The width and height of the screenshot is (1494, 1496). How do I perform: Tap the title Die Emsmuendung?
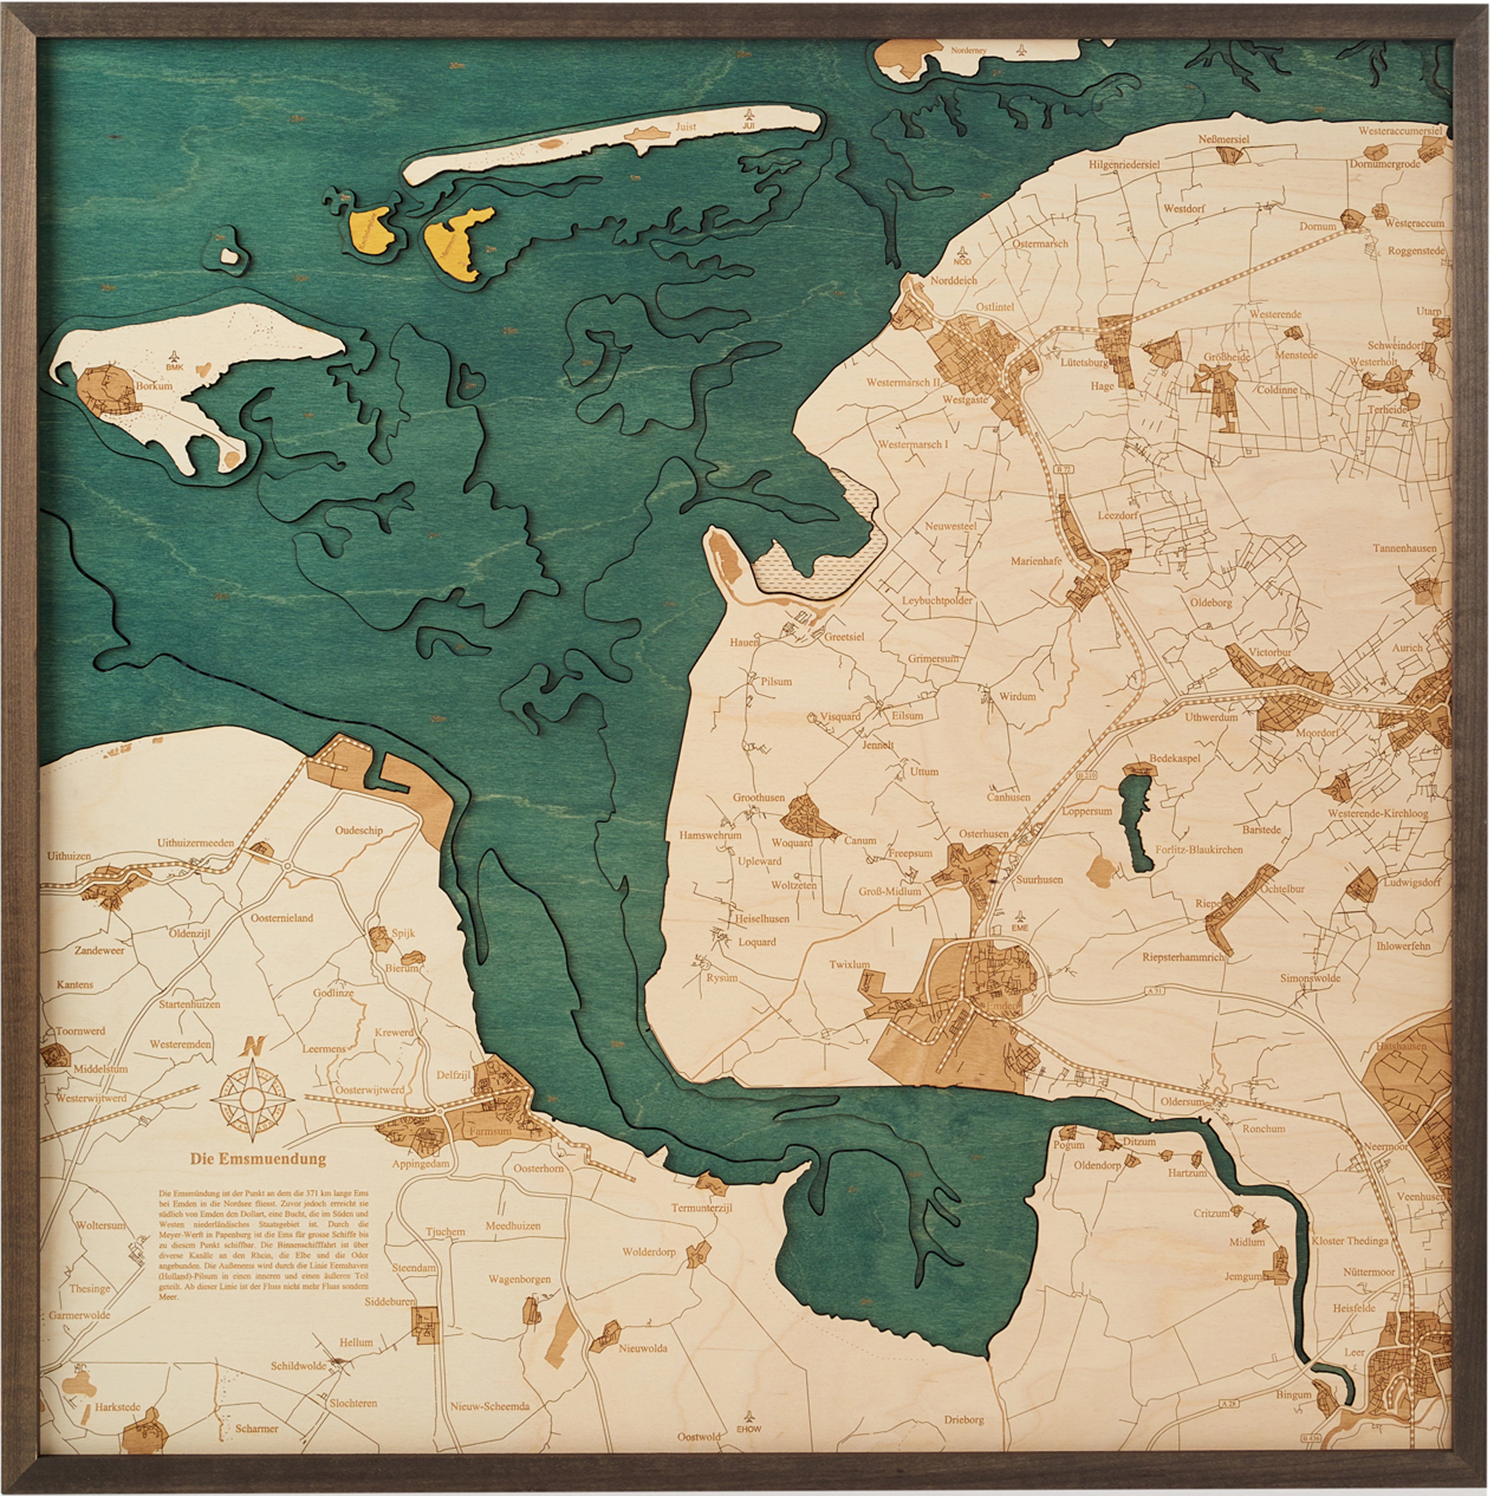coord(258,1159)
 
